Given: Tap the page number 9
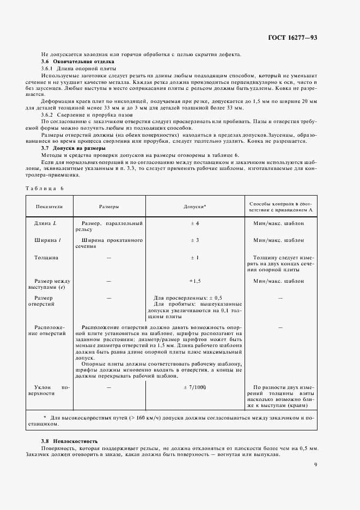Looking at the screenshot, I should [315, 464].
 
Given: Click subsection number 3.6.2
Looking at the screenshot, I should [49, 114].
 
